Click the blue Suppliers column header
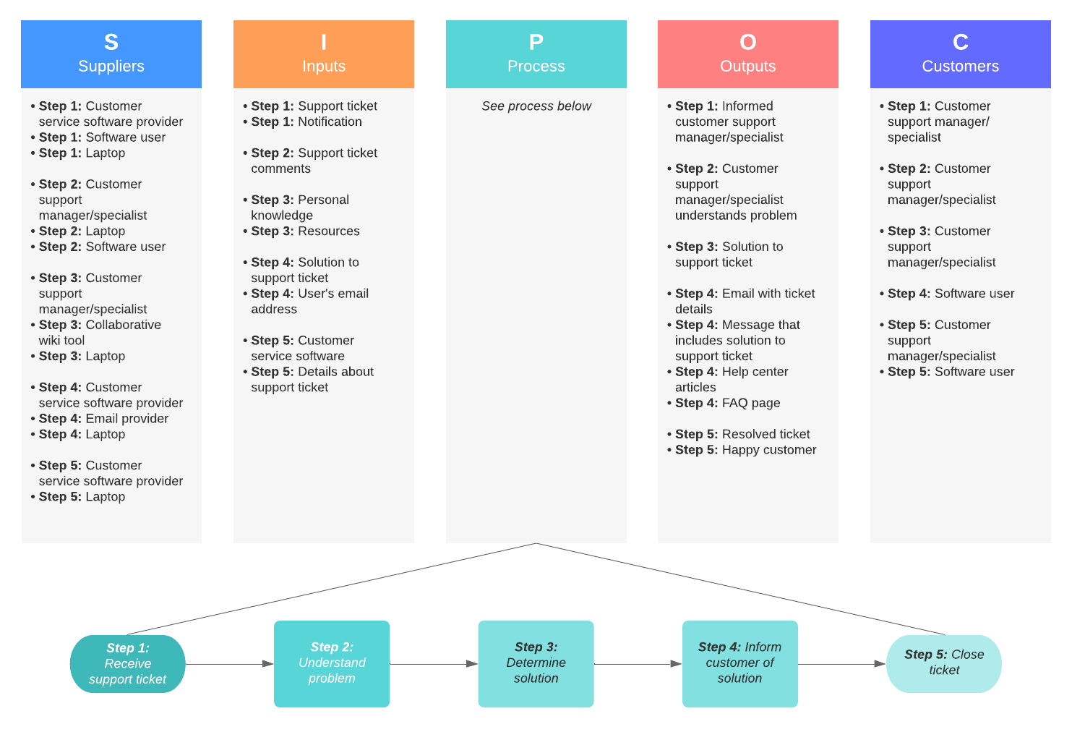click(x=111, y=54)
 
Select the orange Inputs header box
click(x=323, y=54)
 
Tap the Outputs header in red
click(x=747, y=54)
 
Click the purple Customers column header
click(x=960, y=54)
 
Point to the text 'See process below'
click(x=536, y=106)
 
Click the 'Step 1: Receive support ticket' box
click(x=127, y=664)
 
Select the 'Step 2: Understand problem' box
click(x=332, y=663)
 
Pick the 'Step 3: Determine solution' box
click(x=536, y=663)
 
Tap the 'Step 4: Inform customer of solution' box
click(x=739, y=663)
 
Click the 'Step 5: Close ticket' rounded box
click(x=943, y=663)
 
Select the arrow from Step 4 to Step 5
click(x=841, y=664)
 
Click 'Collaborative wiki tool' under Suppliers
click(x=100, y=333)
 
